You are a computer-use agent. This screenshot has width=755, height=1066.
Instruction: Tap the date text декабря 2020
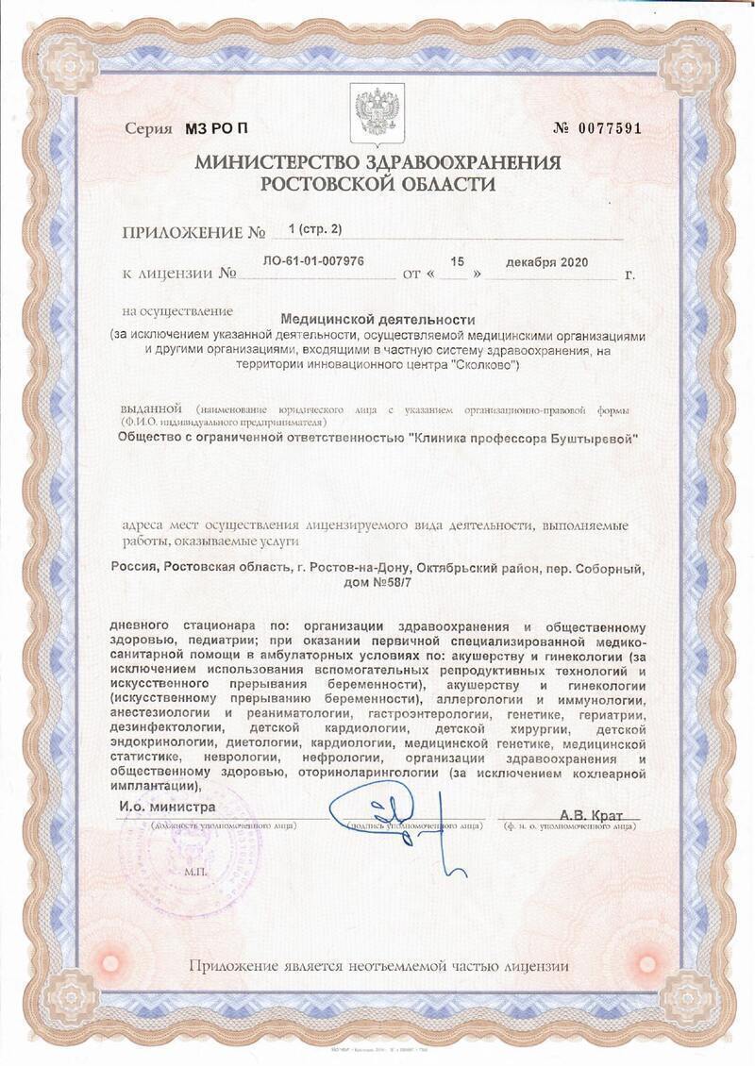tap(546, 261)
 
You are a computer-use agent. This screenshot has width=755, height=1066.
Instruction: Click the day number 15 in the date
tap(458, 260)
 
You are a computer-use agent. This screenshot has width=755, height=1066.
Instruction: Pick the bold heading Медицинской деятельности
tap(377, 320)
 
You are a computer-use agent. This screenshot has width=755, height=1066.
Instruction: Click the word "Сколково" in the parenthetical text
tap(480, 365)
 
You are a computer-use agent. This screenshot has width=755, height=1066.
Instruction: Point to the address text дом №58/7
tap(377, 584)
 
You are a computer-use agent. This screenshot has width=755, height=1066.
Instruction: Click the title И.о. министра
tap(167, 808)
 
